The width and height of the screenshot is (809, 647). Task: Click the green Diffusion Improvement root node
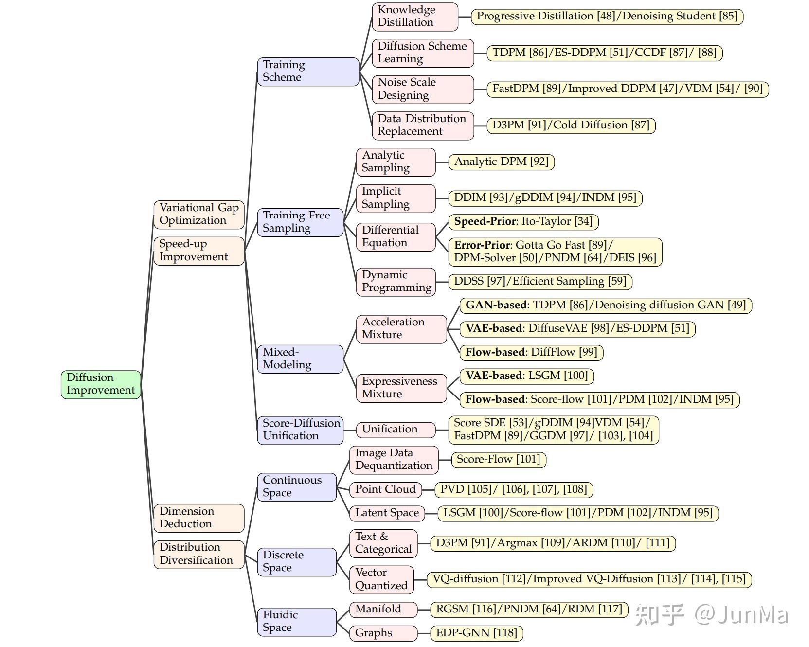pyautogui.click(x=101, y=384)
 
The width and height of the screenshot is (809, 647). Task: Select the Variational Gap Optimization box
pyautogui.click(x=198, y=214)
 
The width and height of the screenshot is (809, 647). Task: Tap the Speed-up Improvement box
pyautogui.click(x=198, y=251)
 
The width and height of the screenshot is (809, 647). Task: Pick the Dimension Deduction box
pyautogui.click(x=198, y=518)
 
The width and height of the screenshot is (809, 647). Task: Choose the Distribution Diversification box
pyautogui.click(x=198, y=554)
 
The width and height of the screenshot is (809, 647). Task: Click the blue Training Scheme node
pyautogui.click(x=307, y=71)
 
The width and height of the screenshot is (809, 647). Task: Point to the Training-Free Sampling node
pyautogui.click(x=300, y=222)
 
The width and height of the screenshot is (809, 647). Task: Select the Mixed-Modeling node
pyautogui.click(x=300, y=359)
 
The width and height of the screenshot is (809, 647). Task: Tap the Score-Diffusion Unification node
pyautogui.click(x=300, y=430)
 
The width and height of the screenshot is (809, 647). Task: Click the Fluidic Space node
pyautogui.click(x=296, y=621)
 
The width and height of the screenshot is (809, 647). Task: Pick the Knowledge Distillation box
pyautogui.click(x=414, y=16)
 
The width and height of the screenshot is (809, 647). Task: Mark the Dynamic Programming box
pyautogui.click(x=396, y=281)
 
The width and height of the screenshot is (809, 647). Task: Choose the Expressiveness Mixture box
pyautogui.click(x=401, y=388)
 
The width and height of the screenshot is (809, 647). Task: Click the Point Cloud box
pyautogui.click(x=385, y=489)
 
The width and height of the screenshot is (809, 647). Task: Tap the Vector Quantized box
pyautogui.click(x=381, y=579)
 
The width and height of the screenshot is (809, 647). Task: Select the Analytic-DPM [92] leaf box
pyautogui.click(x=501, y=162)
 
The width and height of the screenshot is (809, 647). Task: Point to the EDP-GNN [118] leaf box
pyautogui.click(x=476, y=633)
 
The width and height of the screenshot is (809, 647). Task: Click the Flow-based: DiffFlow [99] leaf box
pyautogui.click(x=531, y=352)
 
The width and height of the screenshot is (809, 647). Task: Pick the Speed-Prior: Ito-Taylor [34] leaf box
pyautogui.click(x=523, y=222)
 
